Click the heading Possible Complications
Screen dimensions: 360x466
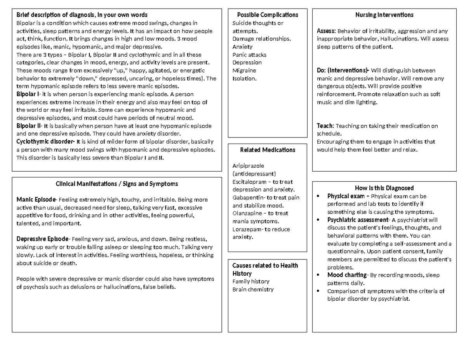tap(268, 15)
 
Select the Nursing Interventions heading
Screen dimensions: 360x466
tap(384, 15)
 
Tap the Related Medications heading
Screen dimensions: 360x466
tap(268, 150)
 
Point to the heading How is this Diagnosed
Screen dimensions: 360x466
tap(384, 188)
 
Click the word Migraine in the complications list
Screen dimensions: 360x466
tap(244, 71)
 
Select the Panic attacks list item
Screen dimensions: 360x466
tap(249, 55)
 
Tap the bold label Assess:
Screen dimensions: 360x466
tap(326, 31)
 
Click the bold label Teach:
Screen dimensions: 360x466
tap(325, 126)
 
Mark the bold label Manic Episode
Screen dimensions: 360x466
tap(36, 200)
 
